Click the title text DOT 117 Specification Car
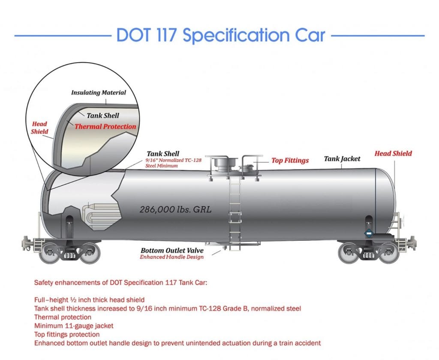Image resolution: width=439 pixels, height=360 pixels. pyautogui.click(x=221, y=35)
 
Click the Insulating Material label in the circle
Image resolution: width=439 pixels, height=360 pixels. pyautogui.click(x=99, y=92)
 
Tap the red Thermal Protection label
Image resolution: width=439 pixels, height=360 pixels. pyautogui.click(x=105, y=126)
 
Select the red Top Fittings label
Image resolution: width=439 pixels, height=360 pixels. pyautogui.click(x=290, y=160)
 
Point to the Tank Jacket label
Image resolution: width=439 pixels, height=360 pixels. pyautogui.click(x=342, y=159)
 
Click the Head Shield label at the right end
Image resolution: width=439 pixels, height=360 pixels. pyautogui.click(x=394, y=154)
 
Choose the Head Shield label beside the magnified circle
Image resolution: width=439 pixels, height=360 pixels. pyautogui.click(x=39, y=128)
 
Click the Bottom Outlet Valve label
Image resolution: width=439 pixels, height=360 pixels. pyautogui.click(x=172, y=250)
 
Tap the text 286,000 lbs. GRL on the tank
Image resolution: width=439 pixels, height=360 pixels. pyautogui.click(x=175, y=209)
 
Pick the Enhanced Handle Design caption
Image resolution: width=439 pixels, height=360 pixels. pyautogui.click(x=171, y=257)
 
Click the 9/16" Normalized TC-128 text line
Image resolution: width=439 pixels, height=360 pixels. pyautogui.click(x=173, y=160)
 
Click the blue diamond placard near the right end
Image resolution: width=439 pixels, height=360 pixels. pyautogui.click(x=369, y=233)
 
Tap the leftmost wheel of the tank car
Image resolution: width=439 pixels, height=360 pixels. pyautogui.click(x=50, y=253)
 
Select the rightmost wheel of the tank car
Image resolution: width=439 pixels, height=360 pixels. pyautogui.click(x=389, y=253)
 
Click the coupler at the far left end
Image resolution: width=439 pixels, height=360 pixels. pyautogui.click(x=27, y=243)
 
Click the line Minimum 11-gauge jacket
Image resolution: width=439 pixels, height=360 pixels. pyautogui.click(x=74, y=326)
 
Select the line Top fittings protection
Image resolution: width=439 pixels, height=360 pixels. pyautogui.click(x=67, y=335)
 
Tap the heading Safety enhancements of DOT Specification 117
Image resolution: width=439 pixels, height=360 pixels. pyautogui.click(x=120, y=282)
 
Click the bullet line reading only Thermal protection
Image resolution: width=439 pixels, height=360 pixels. pyautogui.click(x=63, y=317)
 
